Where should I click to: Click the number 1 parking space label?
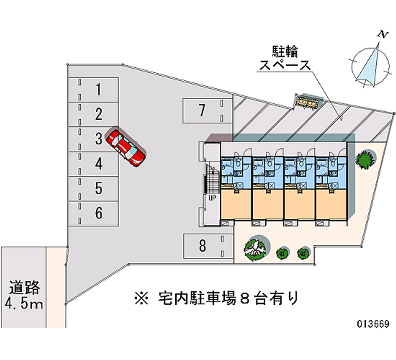point(99,90)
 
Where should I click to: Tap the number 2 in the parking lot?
point(99,114)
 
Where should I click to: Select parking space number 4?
point(99,163)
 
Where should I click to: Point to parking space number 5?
point(99,188)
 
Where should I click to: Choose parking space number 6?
point(99,213)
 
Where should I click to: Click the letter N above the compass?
point(382,34)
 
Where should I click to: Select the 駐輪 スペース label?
point(285,58)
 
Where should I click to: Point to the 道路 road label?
point(23,288)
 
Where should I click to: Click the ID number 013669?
point(374,325)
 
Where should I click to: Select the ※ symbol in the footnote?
point(140,298)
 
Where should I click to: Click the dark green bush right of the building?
point(365,159)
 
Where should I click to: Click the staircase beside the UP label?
point(211,180)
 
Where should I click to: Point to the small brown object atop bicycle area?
point(307,103)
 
